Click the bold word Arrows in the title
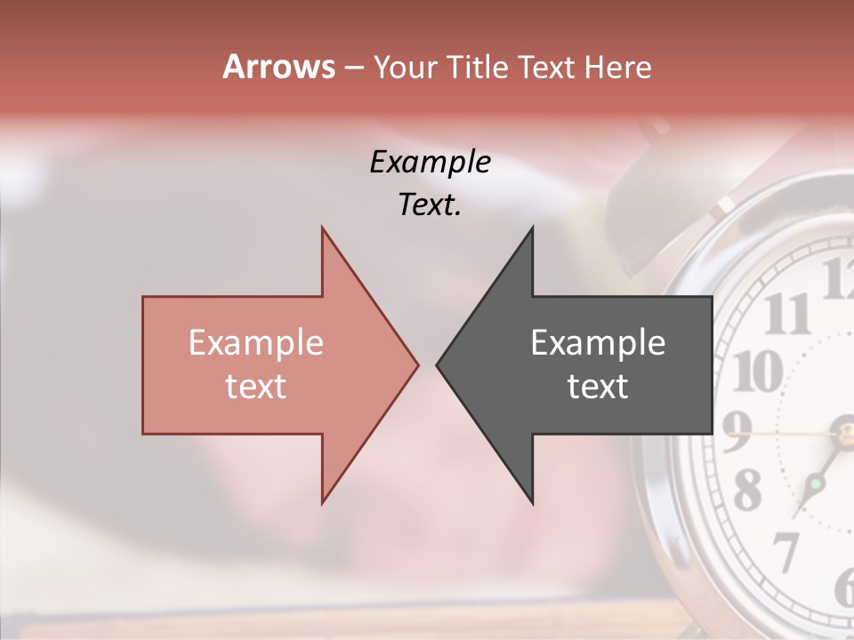tap(278, 67)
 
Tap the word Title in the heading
tap(478, 68)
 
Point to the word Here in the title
tap(617, 68)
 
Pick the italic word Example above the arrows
tap(430, 162)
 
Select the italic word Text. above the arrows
tap(430, 204)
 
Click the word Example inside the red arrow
tap(256, 342)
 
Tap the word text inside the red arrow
tap(256, 386)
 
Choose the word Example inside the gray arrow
tap(598, 342)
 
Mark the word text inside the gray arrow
tap(598, 386)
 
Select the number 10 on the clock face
tap(756, 370)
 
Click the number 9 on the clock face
tap(737, 432)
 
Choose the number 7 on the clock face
tap(786, 550)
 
